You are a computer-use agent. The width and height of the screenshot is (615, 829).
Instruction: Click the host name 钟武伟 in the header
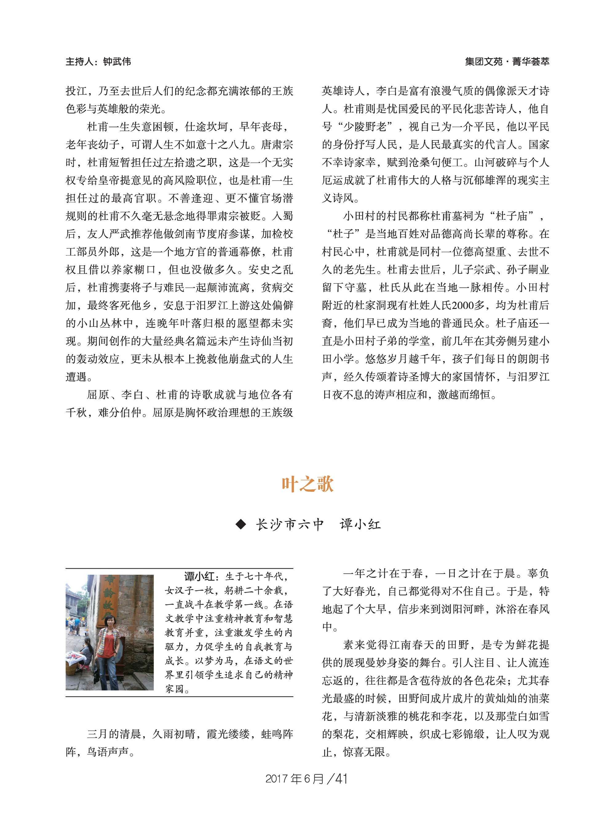(117, 62)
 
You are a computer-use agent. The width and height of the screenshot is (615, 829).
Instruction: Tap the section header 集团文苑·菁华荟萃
(507, 62)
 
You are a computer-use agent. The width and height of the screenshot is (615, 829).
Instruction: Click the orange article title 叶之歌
(307, 484)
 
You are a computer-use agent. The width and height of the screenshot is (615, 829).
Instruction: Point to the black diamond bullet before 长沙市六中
(241, 525)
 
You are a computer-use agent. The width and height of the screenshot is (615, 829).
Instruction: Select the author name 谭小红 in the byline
(360, 525)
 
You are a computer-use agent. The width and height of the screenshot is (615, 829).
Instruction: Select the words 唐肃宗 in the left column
(277, 145)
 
